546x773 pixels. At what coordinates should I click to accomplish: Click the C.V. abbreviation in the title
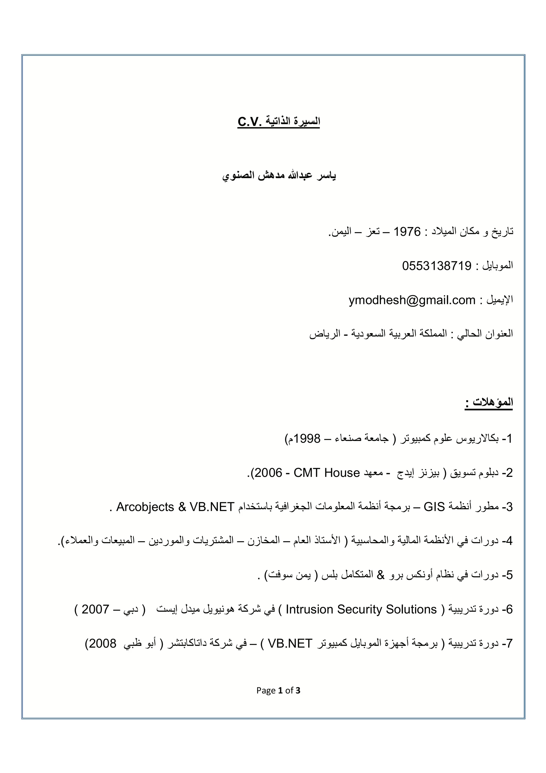click(249, 122)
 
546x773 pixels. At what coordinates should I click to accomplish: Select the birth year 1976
click(407, 232)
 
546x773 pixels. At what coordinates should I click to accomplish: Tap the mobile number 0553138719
click(437, 266)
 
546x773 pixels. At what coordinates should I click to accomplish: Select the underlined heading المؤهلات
click(493, 402)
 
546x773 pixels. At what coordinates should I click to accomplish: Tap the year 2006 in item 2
click(268, 473)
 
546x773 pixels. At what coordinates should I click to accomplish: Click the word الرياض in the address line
click(322, 334)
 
